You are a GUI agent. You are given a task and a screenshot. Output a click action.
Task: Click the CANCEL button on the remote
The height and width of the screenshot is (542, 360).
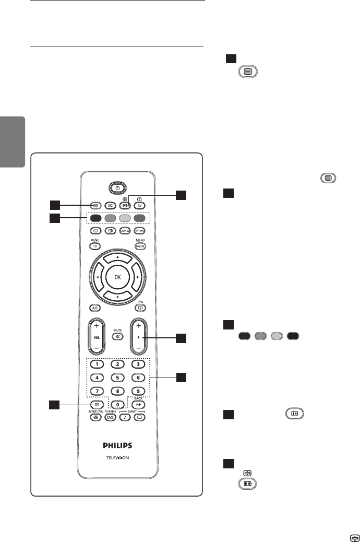coord(125,230)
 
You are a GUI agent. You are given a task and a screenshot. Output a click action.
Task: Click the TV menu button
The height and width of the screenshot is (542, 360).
coord(96,245)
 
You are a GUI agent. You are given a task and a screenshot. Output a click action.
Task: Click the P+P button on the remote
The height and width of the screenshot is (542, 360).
coord(138,404)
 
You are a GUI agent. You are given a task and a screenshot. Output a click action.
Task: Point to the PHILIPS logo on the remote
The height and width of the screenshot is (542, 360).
coord(117,445)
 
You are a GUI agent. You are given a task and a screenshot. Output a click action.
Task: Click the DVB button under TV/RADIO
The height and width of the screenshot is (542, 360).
coord(110,417)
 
